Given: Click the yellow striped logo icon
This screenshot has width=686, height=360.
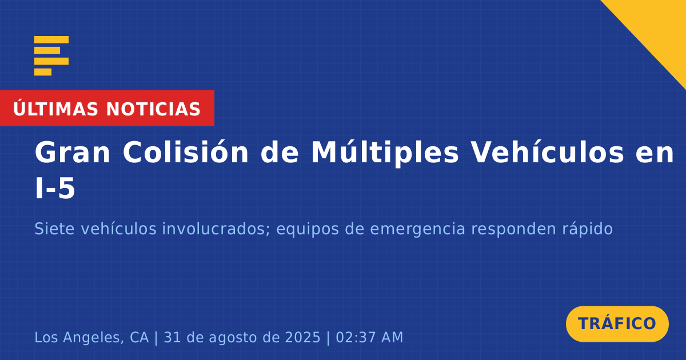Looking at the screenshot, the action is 51,56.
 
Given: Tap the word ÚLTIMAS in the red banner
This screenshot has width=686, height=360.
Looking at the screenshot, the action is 55,109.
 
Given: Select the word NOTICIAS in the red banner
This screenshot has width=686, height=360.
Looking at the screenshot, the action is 153,109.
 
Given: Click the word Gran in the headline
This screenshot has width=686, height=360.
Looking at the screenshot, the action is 72,152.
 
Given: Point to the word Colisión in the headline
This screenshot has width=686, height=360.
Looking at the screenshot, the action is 186,152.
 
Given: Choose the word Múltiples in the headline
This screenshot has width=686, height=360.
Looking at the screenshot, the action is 385,153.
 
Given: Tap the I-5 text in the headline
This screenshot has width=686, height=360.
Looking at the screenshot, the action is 55,188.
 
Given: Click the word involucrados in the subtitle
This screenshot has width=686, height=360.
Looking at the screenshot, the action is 216,229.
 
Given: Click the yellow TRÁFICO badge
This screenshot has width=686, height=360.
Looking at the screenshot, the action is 617,324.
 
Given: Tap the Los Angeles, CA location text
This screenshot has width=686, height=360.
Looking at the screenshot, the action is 91,338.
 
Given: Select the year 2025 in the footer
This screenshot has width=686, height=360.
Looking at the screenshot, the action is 302,337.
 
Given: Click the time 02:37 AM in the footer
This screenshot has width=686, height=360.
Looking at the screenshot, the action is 369,337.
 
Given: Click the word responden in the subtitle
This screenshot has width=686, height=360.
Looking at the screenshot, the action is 513,230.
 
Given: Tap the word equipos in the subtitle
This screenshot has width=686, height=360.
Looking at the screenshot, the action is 308,230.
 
